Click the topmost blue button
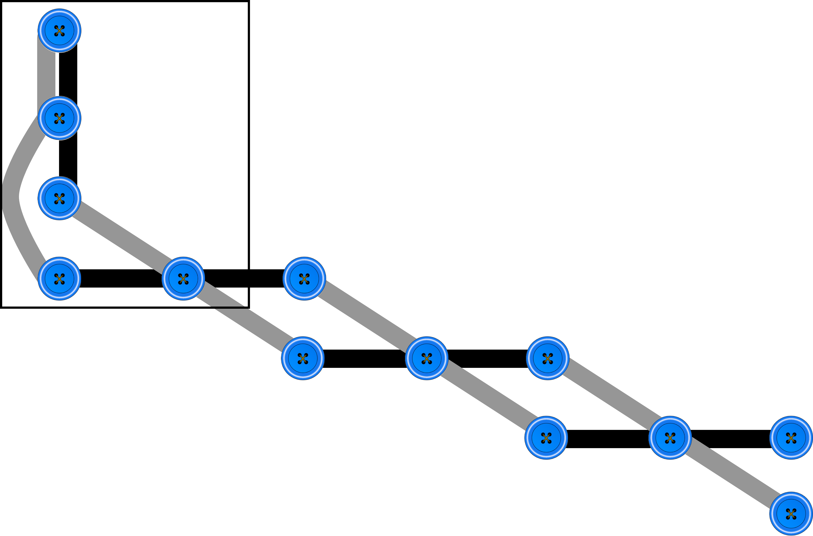point(59,30)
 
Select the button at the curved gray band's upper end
point(59,118)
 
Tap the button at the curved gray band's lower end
point(59,279)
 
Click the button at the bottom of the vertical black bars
point(59,198)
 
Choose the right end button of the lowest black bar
point(791,438)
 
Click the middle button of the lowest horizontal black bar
point(670,438)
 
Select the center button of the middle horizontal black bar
point(427,358)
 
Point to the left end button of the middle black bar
point(303,358)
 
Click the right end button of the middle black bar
point(548,358)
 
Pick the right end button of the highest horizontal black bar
point(304,279)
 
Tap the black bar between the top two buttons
point(68,74)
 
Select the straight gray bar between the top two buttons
point(46,74)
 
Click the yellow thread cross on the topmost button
point(59,30)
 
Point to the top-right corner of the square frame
point(249,2)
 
